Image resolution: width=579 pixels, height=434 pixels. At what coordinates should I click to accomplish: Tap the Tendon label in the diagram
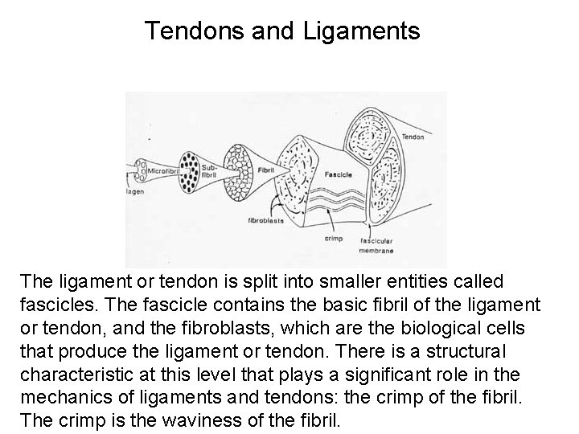(413, 137)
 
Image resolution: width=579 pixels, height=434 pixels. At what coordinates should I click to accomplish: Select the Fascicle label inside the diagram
(337, 174)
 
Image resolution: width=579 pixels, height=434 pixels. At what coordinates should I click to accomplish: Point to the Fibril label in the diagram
(265, 170)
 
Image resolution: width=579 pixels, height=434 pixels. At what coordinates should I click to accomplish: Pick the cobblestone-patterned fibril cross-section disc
(239, 171)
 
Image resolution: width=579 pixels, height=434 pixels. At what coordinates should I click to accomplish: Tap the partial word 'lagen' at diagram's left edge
(134, 193)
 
